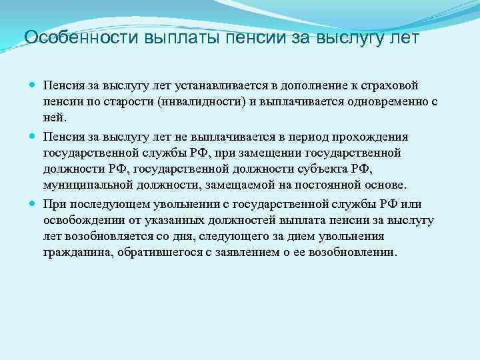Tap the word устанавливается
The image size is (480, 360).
coord(219,86)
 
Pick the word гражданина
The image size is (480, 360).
coord(75,253)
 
